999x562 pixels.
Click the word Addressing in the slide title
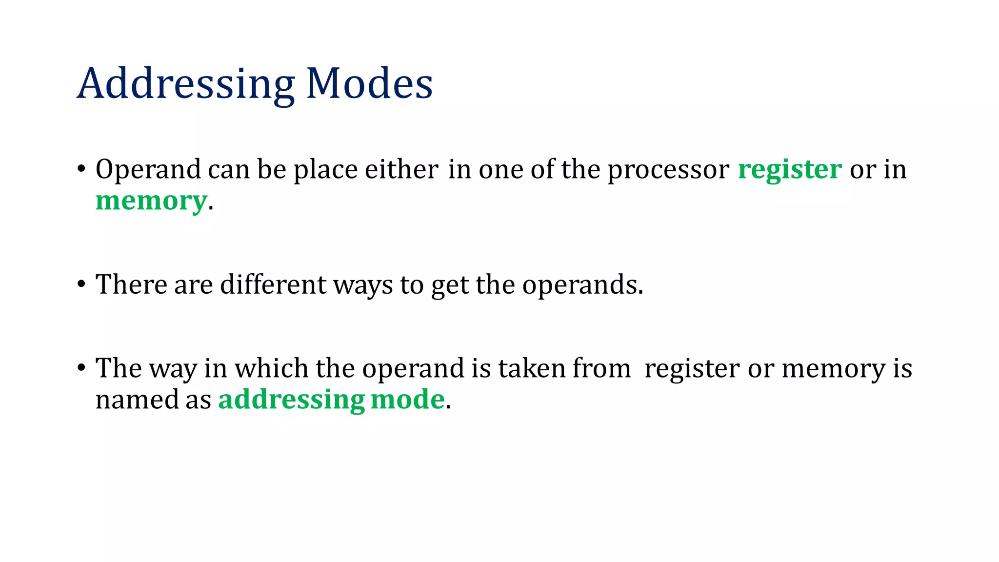(186, 84)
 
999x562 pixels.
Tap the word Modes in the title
(369, 84)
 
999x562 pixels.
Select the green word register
(790, 170)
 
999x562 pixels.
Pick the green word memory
(151, 201)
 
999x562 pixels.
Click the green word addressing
(291, 400)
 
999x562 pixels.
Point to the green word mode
(408, 400)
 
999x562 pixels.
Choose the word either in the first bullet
(401, 170)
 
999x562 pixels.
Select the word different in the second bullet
(273, 284)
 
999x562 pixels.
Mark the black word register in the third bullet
(692, 369)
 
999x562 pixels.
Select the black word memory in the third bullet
(833, 369)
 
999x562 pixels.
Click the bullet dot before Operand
(81, 170)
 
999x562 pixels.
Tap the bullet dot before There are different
(81, 285)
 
